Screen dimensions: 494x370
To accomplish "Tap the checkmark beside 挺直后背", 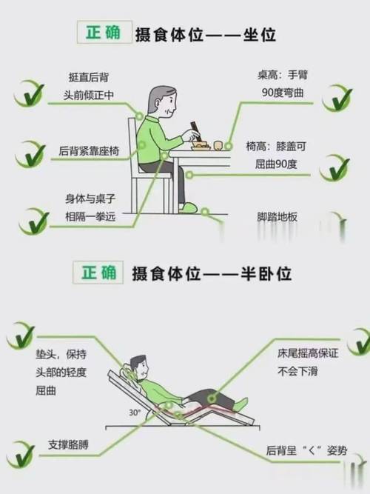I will (x=28, y=94).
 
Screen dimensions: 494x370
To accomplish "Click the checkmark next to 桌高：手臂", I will (x=337, y=97).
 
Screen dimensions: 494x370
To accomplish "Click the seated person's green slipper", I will (x=191, y=210).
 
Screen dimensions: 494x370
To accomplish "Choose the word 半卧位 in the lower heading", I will (x=258, y=273).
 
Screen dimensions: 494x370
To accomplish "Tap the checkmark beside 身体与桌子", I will (x=32, y=220).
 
